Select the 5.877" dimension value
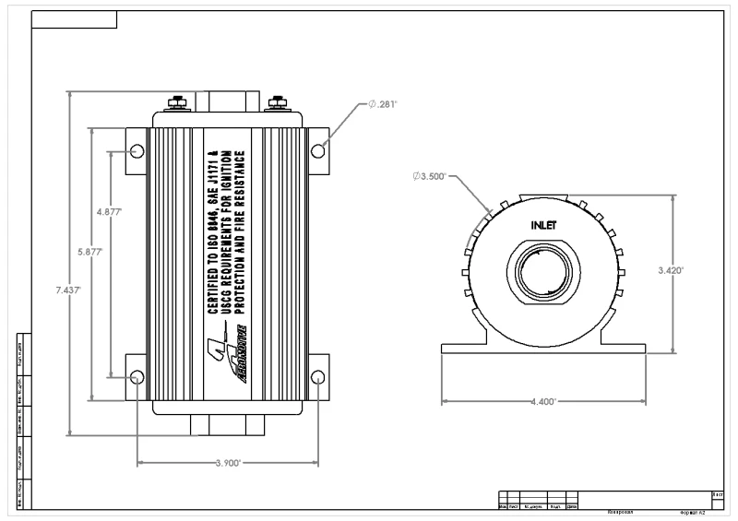(89, 251)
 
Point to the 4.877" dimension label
(110, 211)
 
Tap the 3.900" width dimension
(227, 463)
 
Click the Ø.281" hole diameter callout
(382, 104)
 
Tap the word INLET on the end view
(544, 225)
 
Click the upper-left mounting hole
(137, 150)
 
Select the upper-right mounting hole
(316, 150)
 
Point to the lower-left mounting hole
(137, 376)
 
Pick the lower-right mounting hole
(316, 376)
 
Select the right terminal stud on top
(276, 101)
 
